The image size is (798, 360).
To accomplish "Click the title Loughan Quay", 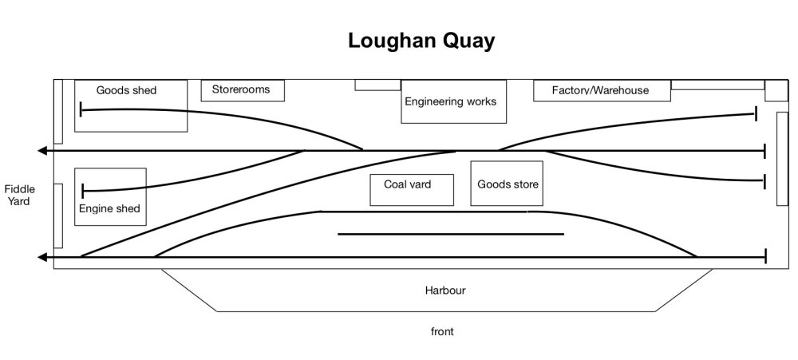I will point(421,41).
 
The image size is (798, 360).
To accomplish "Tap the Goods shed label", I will point(126,90).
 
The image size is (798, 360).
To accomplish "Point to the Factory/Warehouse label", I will point(600,90).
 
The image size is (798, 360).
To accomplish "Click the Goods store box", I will point(508,184).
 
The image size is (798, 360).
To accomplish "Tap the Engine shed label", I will point(109,208).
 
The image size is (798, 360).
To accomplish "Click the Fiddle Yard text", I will point(18,195).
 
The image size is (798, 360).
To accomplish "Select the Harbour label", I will point(444,291).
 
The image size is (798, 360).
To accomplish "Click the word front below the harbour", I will point(441,331).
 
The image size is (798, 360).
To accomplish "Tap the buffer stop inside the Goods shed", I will point(81,109).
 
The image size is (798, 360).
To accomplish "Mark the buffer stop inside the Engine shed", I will point(83,190).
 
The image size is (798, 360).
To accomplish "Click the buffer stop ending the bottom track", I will point(765,256).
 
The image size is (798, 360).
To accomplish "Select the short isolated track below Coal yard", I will point(451,234).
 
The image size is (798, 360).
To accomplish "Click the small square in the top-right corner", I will point(776,90).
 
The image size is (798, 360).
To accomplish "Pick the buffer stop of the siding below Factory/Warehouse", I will point(756,115).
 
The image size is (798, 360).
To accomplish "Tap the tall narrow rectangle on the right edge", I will point(782,158).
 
